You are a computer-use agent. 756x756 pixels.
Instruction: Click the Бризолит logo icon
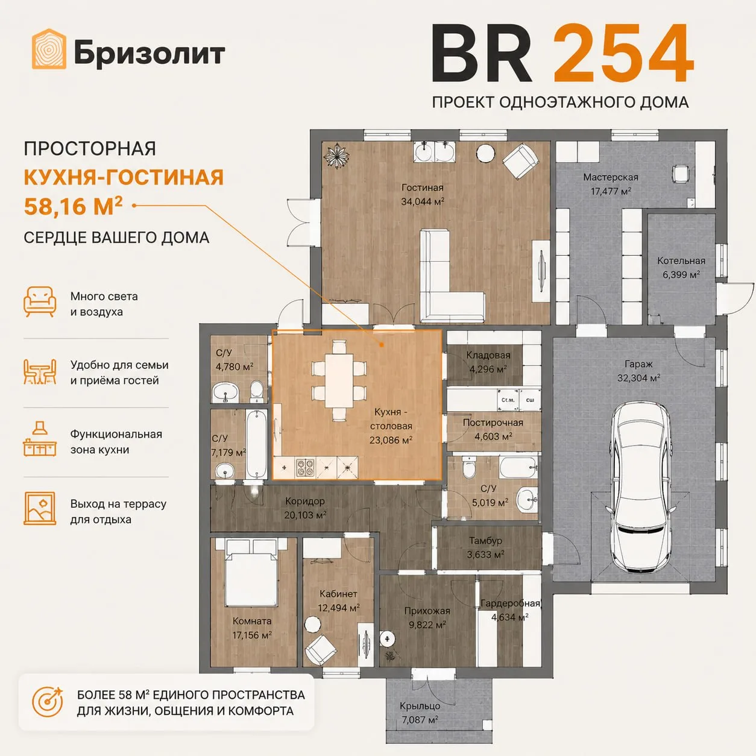tap(49, 49)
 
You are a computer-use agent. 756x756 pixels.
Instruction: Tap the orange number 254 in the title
tap(623, 53)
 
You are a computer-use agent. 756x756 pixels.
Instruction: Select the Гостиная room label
tap(422, 187)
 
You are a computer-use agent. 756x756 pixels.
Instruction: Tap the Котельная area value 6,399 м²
tap(681, 274)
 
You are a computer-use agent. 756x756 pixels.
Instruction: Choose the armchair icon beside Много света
tap(40, 301)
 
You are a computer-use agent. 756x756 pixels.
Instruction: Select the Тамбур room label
tap(485, 541)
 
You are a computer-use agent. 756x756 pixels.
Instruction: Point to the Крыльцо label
tap(420, 706)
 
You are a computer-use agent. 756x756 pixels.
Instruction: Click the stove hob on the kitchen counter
tap(305, 468)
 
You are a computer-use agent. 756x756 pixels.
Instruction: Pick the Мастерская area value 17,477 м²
tap(611, 191)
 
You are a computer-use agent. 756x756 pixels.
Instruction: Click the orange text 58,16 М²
tap(73, 206)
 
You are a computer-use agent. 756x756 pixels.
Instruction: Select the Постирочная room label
tap(493, 423)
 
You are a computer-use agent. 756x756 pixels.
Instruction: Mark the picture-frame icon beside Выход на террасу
tap(39, 508)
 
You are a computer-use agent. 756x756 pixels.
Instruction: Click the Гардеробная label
tap(511, 603)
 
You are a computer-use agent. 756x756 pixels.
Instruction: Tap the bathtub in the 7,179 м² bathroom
tap(257, 444)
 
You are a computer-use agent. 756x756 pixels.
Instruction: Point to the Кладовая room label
tap(488, 355)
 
